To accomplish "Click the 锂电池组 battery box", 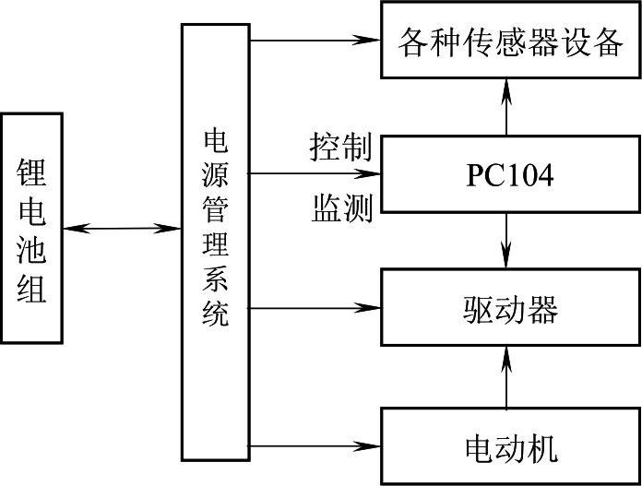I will click(x=31, y=228).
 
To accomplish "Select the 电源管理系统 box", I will click(x=216, y=242).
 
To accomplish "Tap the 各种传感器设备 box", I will click(x=510, y=41).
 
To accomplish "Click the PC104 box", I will click(x=510, y=174).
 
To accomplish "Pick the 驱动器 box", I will click(x=510, y=309).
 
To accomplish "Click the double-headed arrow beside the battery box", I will click(x=122, y=228).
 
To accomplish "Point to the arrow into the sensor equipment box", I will click(x=314, y=40).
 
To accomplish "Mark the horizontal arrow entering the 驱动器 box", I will click(x=314, y=308).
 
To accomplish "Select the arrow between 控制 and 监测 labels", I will click(x=314, y=173).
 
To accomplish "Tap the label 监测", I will click(x=340, y=210).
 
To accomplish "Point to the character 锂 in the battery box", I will click(x=31, y=172).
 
